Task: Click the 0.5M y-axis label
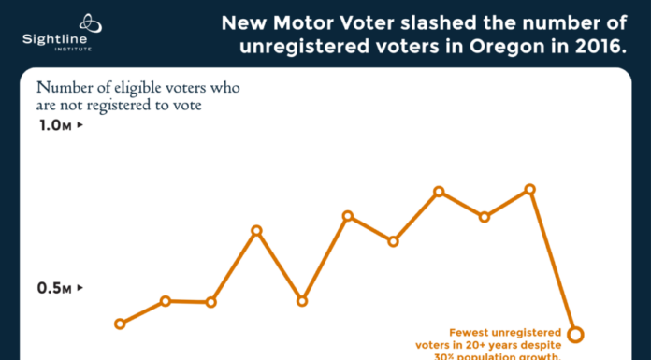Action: (x=55, y=288)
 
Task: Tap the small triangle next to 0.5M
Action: (x=80, y=288)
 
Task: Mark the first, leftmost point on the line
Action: (x=120, y=324)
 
